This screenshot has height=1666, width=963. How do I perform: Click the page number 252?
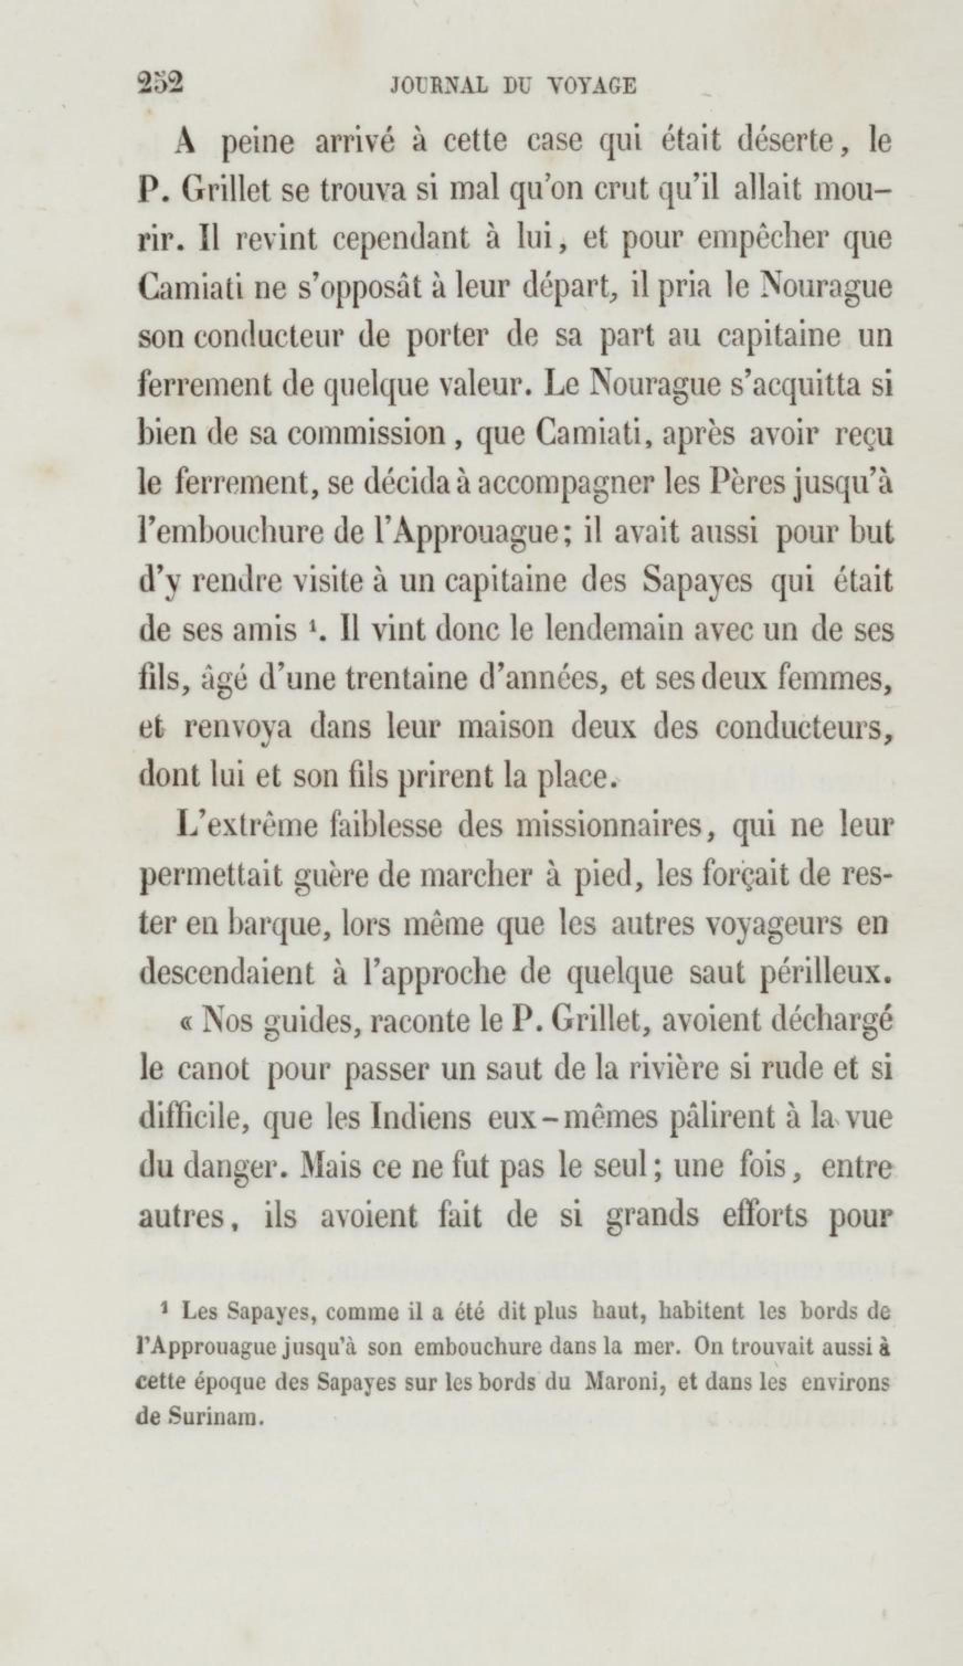[160, 84]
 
